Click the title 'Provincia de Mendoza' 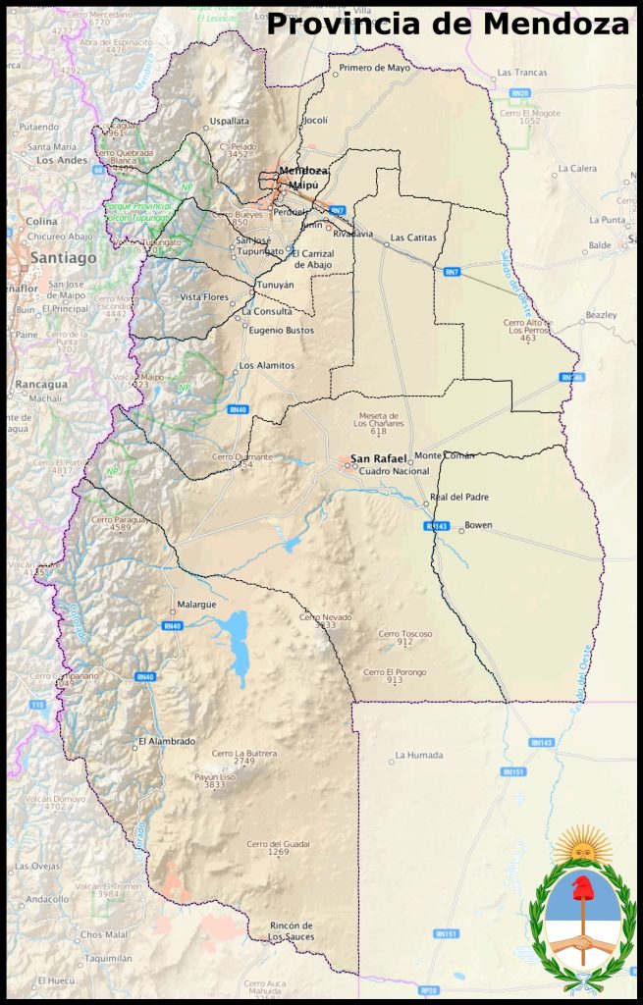click(x=448, y=24)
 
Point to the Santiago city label click(x=64, y=257)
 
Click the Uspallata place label click(x=229, y=122)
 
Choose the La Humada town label click(x=418, y=756)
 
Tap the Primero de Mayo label click(x=374, y=69)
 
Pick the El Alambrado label click(x=166, y=741)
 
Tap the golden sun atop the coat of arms click(x=583, y=845)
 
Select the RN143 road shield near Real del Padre click(x=437, y=526)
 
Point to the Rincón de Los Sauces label click(x=291, y=930)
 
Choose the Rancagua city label click(x=39, y=384)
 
